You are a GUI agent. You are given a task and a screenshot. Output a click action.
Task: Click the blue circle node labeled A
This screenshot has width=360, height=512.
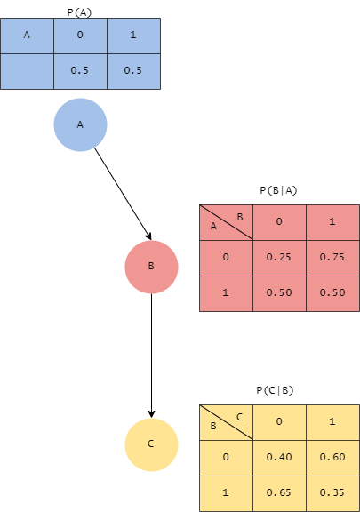click(80, 124)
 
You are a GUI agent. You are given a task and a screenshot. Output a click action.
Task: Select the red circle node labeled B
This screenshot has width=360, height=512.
click(151, 266)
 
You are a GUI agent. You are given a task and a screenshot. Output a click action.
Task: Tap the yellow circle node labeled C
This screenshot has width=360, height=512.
click(151, 444)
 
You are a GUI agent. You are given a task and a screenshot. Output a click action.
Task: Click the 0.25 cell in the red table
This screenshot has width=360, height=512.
click(279, 258)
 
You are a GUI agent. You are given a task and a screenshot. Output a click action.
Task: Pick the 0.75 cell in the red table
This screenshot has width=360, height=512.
click(332, 258)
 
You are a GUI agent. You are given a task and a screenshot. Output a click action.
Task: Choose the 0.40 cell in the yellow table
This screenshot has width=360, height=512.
click(279, 457)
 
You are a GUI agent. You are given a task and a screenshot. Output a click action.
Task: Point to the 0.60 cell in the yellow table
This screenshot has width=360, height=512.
click(332, 457)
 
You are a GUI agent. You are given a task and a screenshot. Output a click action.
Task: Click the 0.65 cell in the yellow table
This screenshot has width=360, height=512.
click(279, 492)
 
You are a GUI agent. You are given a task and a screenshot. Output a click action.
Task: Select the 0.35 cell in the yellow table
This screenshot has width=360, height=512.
click(332, 492)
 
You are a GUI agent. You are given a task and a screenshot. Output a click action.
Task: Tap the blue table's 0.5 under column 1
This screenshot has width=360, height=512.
click(133, 71)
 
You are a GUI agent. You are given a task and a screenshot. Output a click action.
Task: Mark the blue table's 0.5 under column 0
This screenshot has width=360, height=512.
click(80, 71)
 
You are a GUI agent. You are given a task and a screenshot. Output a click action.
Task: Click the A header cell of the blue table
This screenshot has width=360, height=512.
click(27, 36)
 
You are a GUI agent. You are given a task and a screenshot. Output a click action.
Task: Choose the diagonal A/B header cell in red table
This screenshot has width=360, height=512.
click(226, 222)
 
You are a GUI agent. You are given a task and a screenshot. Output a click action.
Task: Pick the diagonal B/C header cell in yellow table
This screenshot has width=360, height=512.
click(226, 421)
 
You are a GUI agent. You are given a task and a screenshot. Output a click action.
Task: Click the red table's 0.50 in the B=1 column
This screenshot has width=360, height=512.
click(332, 293)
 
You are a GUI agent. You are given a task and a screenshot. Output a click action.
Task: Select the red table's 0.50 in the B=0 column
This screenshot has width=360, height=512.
click(279, 293)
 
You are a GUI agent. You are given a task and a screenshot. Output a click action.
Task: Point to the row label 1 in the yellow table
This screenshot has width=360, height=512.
click(226, 492)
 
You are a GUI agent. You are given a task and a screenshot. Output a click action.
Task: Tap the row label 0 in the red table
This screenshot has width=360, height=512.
click(226, 258)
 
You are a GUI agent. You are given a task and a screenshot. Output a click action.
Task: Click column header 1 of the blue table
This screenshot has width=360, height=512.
click(133, 36)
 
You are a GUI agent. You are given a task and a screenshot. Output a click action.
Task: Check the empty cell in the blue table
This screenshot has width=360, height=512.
click(27, 71)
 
